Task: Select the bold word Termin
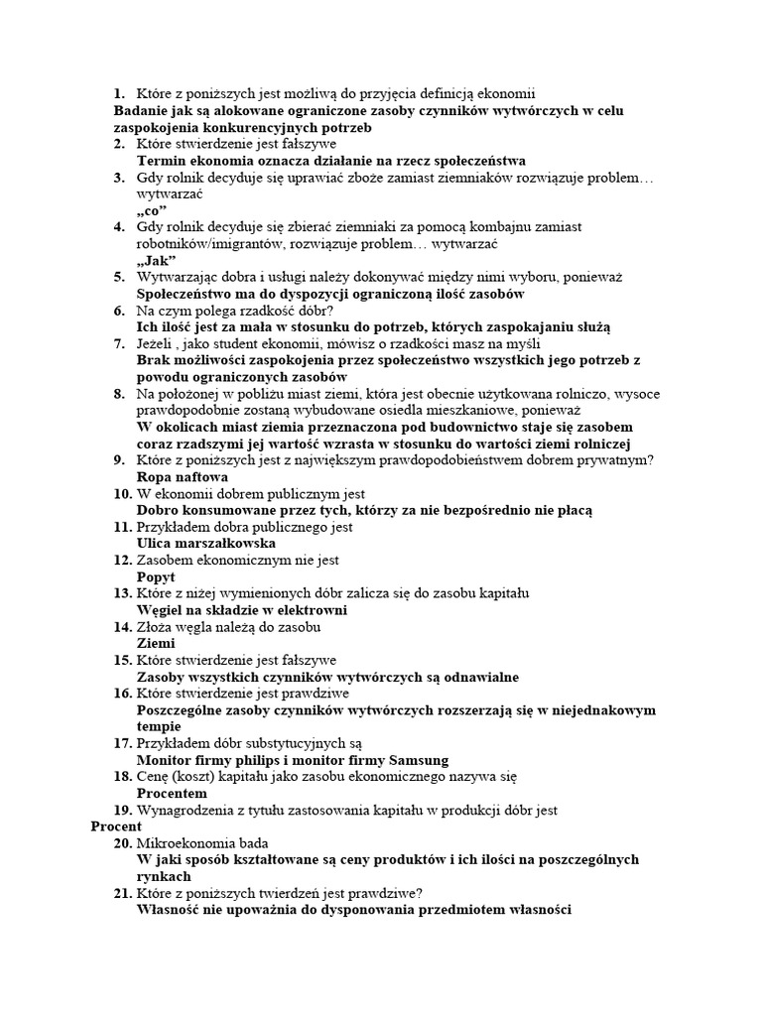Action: pyautogui.click(x=162, y=161)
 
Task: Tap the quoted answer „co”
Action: pyautogui.click(x=152, y=211)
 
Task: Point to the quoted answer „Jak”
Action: pyautogui.click(x=156, y=260)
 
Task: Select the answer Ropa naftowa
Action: pyautogui.click(x=175, y=476)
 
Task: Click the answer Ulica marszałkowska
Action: pyautogui.click(x=204, y=543)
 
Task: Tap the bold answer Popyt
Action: pyautogui.click(x=156, y=576)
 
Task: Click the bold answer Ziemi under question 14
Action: pyautogui.click(x=156, y=643)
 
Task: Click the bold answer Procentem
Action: pyautogui.click(x=172, y=794)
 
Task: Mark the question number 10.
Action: pyautogui.click(x=121, y=493)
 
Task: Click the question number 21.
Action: pyautogui.click(x=121, y=893)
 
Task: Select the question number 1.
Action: pyautogui.click(x=119, y=93)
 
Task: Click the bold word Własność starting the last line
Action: pyautogui.click(x=171, y=909)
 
